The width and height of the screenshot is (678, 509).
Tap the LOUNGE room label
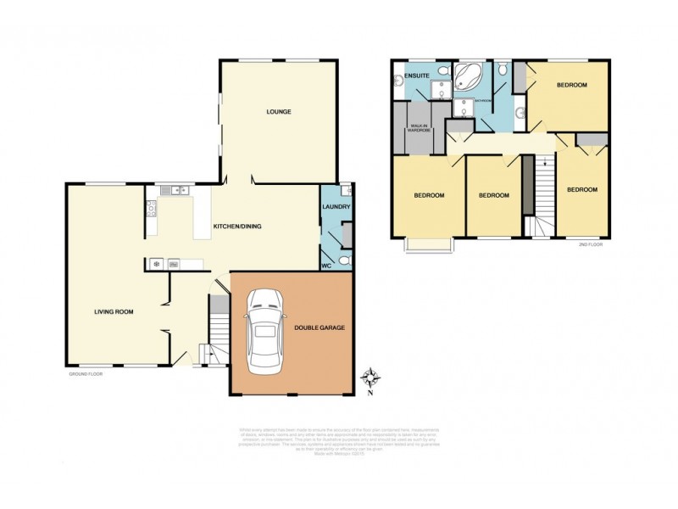(x=279, y=111)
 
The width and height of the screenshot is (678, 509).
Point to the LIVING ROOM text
(x=114, y=311)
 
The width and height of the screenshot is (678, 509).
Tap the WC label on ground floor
(x=326, y=266)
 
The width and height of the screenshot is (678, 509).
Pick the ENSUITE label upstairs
(x=417, y=76)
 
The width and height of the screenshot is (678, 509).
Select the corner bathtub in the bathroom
(x=465, y=77)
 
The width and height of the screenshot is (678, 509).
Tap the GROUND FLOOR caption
(x=86, y=373)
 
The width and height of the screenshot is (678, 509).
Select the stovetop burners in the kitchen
(x=152, y=209)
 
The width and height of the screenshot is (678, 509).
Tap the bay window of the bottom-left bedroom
(x=428, y=245)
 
